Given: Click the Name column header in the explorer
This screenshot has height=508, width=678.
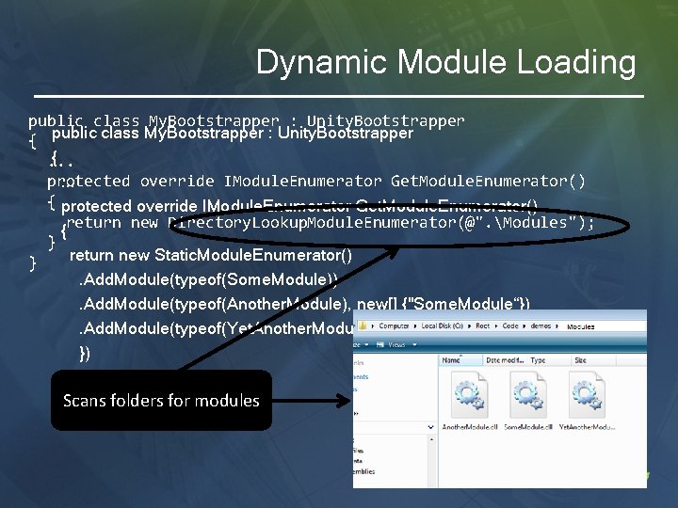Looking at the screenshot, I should pos(452,360).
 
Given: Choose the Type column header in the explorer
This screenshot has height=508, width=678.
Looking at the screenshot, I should pos(538,360).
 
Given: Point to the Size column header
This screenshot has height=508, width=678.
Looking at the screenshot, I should pos(580,360).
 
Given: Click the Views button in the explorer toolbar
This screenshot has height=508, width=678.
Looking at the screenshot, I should pos(388,345).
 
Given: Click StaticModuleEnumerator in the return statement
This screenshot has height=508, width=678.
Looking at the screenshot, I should pos(253,255).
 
